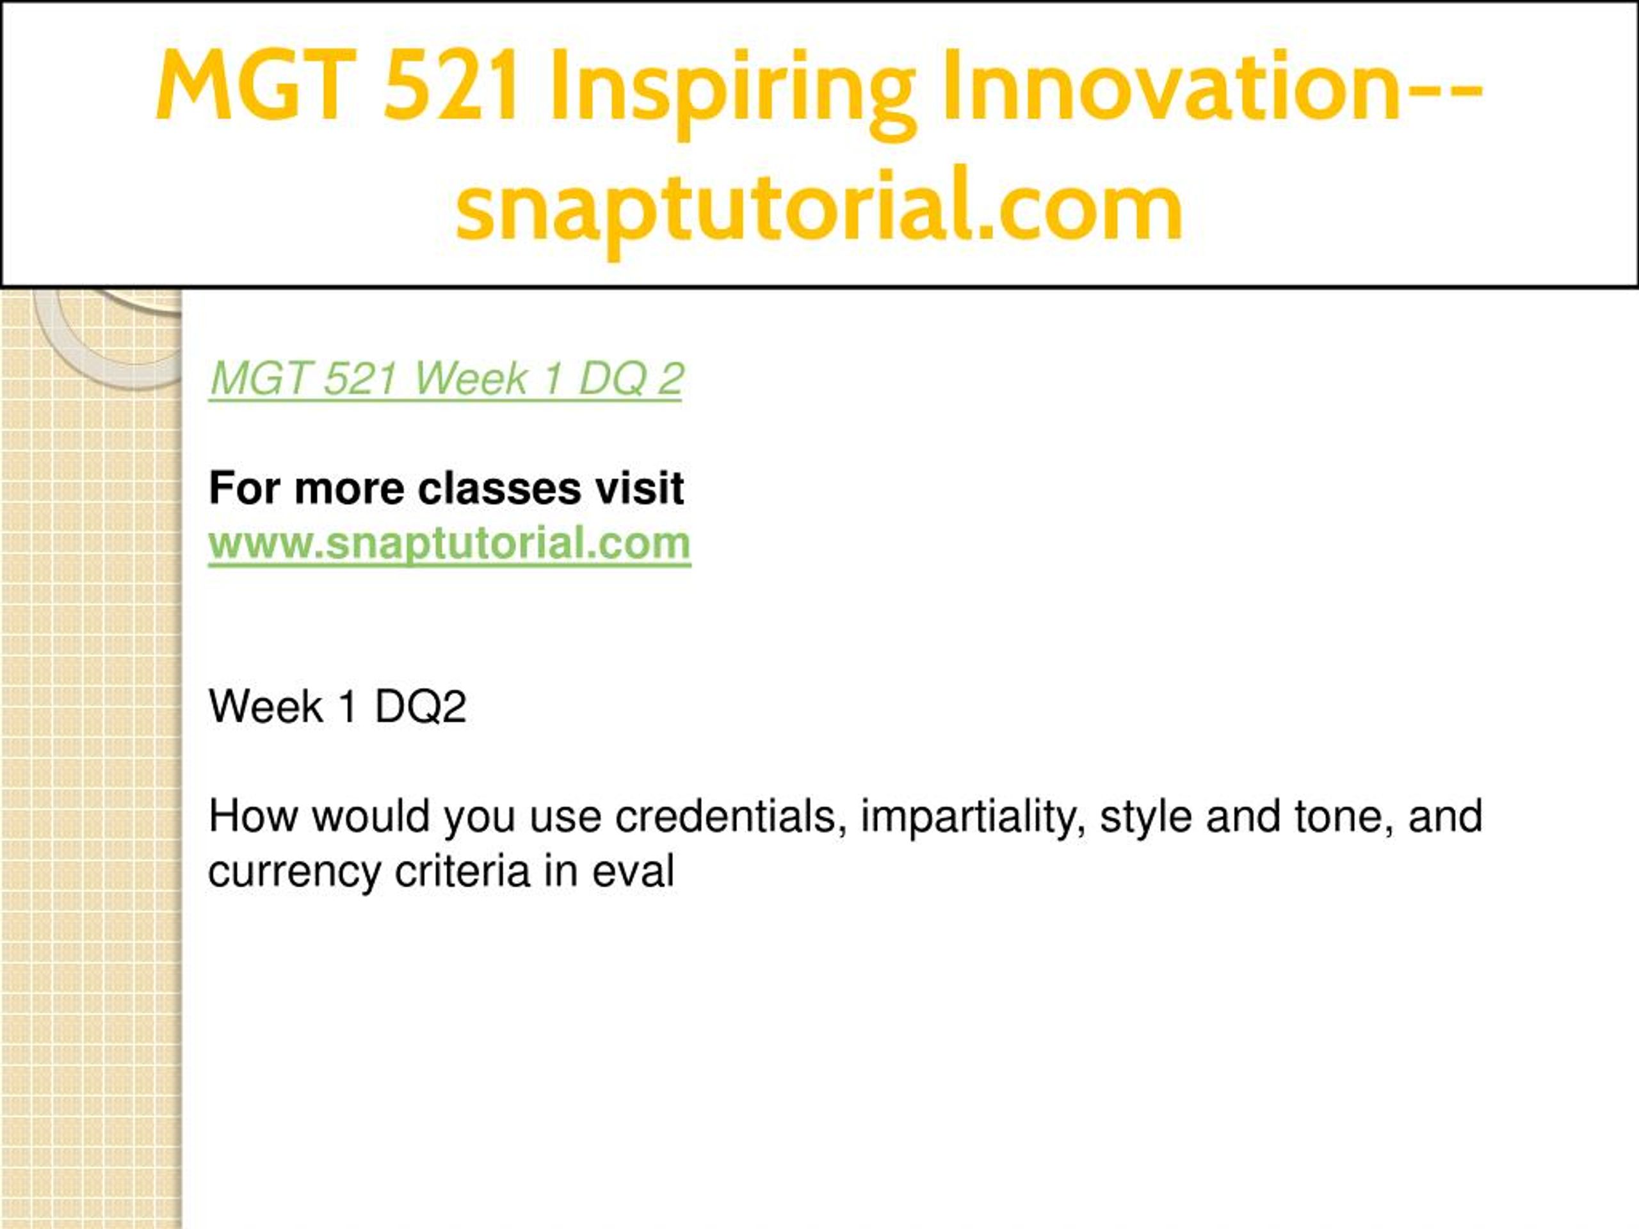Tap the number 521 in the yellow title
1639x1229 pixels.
(451, 84)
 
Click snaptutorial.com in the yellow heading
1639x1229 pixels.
(819, 207)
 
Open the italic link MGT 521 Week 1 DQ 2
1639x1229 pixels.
(446, 380)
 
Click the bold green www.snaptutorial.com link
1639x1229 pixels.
(449, 543)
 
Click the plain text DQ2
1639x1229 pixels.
(421, 707)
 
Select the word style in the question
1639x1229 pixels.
(1145, 818)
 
